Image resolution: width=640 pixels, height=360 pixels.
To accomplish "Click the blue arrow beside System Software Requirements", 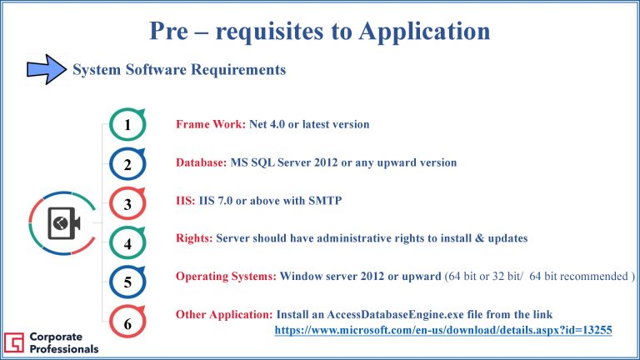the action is tap(47, 69).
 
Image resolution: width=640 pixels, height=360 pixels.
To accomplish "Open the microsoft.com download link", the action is tap(443, 330).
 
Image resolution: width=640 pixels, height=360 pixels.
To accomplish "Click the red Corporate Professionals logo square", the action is tap(14, 342).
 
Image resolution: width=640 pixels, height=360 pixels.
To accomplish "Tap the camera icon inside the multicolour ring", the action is tap(63, 223).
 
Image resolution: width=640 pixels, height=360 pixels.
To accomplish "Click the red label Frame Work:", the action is tap(211, 124).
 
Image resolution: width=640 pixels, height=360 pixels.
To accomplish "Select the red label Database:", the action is tap(201, 162).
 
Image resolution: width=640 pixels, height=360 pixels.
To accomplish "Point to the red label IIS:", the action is tap(186, 201).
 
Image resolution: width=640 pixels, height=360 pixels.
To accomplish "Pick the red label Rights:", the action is tap(194, 238).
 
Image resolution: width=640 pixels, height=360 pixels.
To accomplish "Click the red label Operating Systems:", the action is tap(226, 277).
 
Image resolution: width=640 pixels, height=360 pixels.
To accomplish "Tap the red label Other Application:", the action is tap(224, 314).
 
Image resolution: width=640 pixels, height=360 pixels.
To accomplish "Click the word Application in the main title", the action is tap(424, 32).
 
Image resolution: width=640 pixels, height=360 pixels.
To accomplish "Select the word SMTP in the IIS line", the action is tap(325, 201).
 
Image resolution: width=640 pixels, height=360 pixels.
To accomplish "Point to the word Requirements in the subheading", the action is tap(238, 70).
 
